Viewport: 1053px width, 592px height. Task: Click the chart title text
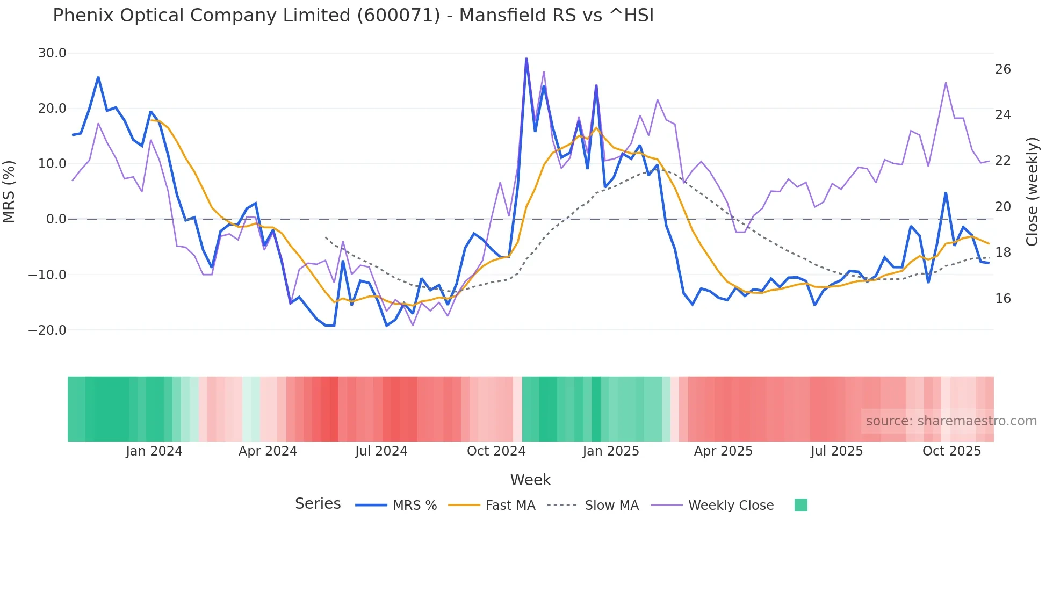click(x=353, y=16)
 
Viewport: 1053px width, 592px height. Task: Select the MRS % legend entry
click(x=396, y=506)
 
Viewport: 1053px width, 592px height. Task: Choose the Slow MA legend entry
click(x=593, y=506)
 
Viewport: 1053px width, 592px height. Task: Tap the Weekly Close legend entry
click(x=712, y=506)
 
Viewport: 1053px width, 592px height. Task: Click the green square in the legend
click(x=800, y=505)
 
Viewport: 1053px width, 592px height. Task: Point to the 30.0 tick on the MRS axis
click(x=52, y=53)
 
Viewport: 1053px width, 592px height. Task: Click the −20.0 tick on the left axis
click(x=47, y=330)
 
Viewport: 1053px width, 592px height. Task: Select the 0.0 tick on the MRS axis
click(x=56, y=219)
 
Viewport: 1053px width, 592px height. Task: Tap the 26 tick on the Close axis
click(x=1003, y=69)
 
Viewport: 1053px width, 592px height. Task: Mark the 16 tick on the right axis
click(x=1003, y=299)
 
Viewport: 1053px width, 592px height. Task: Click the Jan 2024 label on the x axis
click(x=154, y=451)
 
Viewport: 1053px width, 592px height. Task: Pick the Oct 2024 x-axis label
click(x=496, y=451)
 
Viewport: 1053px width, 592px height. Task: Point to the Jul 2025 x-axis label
click(x=836, y=451)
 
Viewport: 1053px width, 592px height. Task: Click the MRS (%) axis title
click(x=9, y=191)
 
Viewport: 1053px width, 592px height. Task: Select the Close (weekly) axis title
click(x=1032, y=192)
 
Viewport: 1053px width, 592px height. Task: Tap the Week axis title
click(x=530, y=480)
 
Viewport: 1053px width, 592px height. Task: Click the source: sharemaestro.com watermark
click(x=951, y=421)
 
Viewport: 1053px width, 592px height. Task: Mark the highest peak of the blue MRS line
click(x=526, y=59)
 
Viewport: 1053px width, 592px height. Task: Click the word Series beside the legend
click(x=318, y=504)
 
